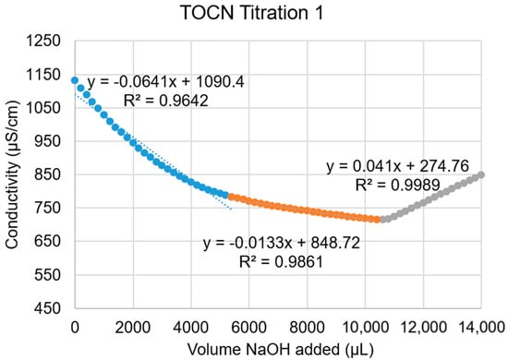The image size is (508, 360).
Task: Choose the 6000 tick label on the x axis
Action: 248,326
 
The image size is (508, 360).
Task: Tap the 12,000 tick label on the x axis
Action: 422,326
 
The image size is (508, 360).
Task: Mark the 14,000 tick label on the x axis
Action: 480,326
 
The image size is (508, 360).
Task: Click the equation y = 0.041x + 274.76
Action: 399,167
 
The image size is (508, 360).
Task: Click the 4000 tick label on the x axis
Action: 190,326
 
